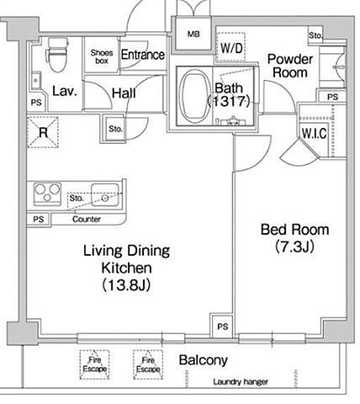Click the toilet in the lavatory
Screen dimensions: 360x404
tap(58, 55)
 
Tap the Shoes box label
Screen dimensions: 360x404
tap(102, 56)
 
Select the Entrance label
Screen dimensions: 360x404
tap(143, 55)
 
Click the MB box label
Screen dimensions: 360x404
tap(193, 35)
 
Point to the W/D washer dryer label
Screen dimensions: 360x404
tap(231, 48)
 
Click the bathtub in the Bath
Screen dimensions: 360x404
tap(195, 95)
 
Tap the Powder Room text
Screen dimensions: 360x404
tap(290, 66)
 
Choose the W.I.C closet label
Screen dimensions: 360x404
tap(315, 133)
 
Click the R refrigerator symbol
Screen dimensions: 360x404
tap(43, 132)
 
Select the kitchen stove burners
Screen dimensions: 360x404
tap(47, 193)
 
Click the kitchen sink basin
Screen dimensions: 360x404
tap(105, 195)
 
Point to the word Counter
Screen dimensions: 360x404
tap(87, 219)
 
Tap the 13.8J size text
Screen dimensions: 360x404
tap(126, 285)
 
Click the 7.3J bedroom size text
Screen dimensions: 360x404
tap(294, 247)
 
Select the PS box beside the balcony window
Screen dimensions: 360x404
tap(222, 327)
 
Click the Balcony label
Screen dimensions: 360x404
tap(204, 360)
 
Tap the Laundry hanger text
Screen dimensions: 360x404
tap(241, 382)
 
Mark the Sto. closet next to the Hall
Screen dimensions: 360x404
tap(115, 129)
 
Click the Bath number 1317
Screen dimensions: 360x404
tap(229, 101)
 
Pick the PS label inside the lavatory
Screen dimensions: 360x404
tap(36, 103)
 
